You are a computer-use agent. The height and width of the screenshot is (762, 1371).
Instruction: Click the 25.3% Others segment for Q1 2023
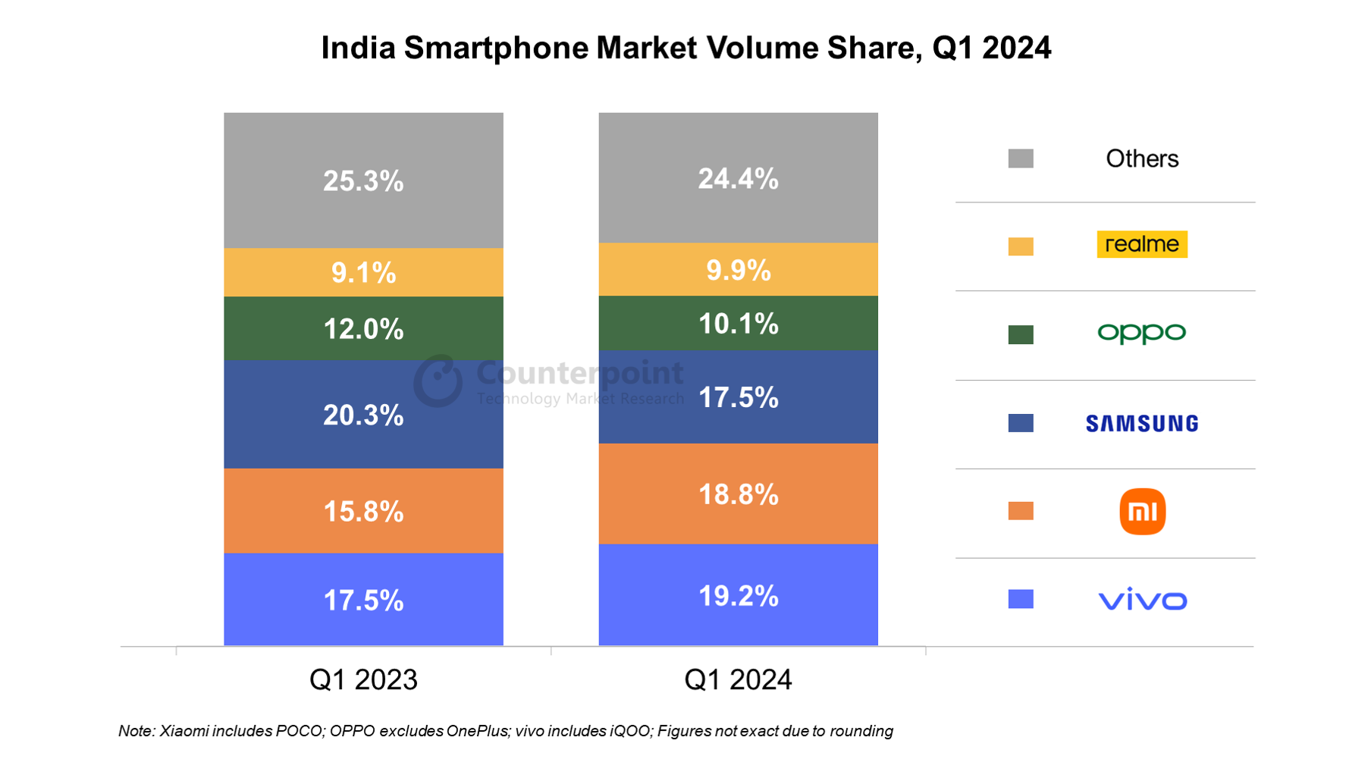coord(363,180)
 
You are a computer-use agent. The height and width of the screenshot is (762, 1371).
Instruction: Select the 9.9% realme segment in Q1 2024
coord(738,270)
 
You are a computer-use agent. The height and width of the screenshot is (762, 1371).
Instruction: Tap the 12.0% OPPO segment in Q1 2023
coord(363,328)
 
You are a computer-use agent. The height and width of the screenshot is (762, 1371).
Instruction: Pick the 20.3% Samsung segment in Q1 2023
coord(363,415)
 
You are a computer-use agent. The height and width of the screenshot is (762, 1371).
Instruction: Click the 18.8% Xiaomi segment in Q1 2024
coord(738,494)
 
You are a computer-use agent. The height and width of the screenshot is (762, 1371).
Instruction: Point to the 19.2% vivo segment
coord(738,596)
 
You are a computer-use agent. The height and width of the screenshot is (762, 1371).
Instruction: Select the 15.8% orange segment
coord(363,511)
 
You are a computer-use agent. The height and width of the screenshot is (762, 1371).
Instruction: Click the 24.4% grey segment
coord(738,178)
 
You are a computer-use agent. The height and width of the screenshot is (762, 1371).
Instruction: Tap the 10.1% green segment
coord(738,324)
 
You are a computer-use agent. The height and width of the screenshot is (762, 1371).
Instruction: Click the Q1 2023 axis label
coord(363,679)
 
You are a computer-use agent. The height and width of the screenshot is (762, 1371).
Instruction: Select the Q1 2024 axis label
coord(738,679)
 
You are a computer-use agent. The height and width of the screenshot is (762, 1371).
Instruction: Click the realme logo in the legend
coord(1141,244)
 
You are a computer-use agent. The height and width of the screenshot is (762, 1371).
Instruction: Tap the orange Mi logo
coord(1142,512)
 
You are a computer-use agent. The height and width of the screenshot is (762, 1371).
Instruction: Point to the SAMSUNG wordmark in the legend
coord(1141,423)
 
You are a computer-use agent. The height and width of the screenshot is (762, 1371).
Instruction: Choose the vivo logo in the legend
coord(1142,600)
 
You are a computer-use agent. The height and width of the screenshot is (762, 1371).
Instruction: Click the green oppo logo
coord(1141,333)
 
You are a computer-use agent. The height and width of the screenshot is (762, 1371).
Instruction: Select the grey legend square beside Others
coord(1021,158)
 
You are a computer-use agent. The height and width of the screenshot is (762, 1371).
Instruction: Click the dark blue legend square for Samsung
coord(1021,423)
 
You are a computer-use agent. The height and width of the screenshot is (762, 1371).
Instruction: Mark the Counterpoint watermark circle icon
coord(438,381)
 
